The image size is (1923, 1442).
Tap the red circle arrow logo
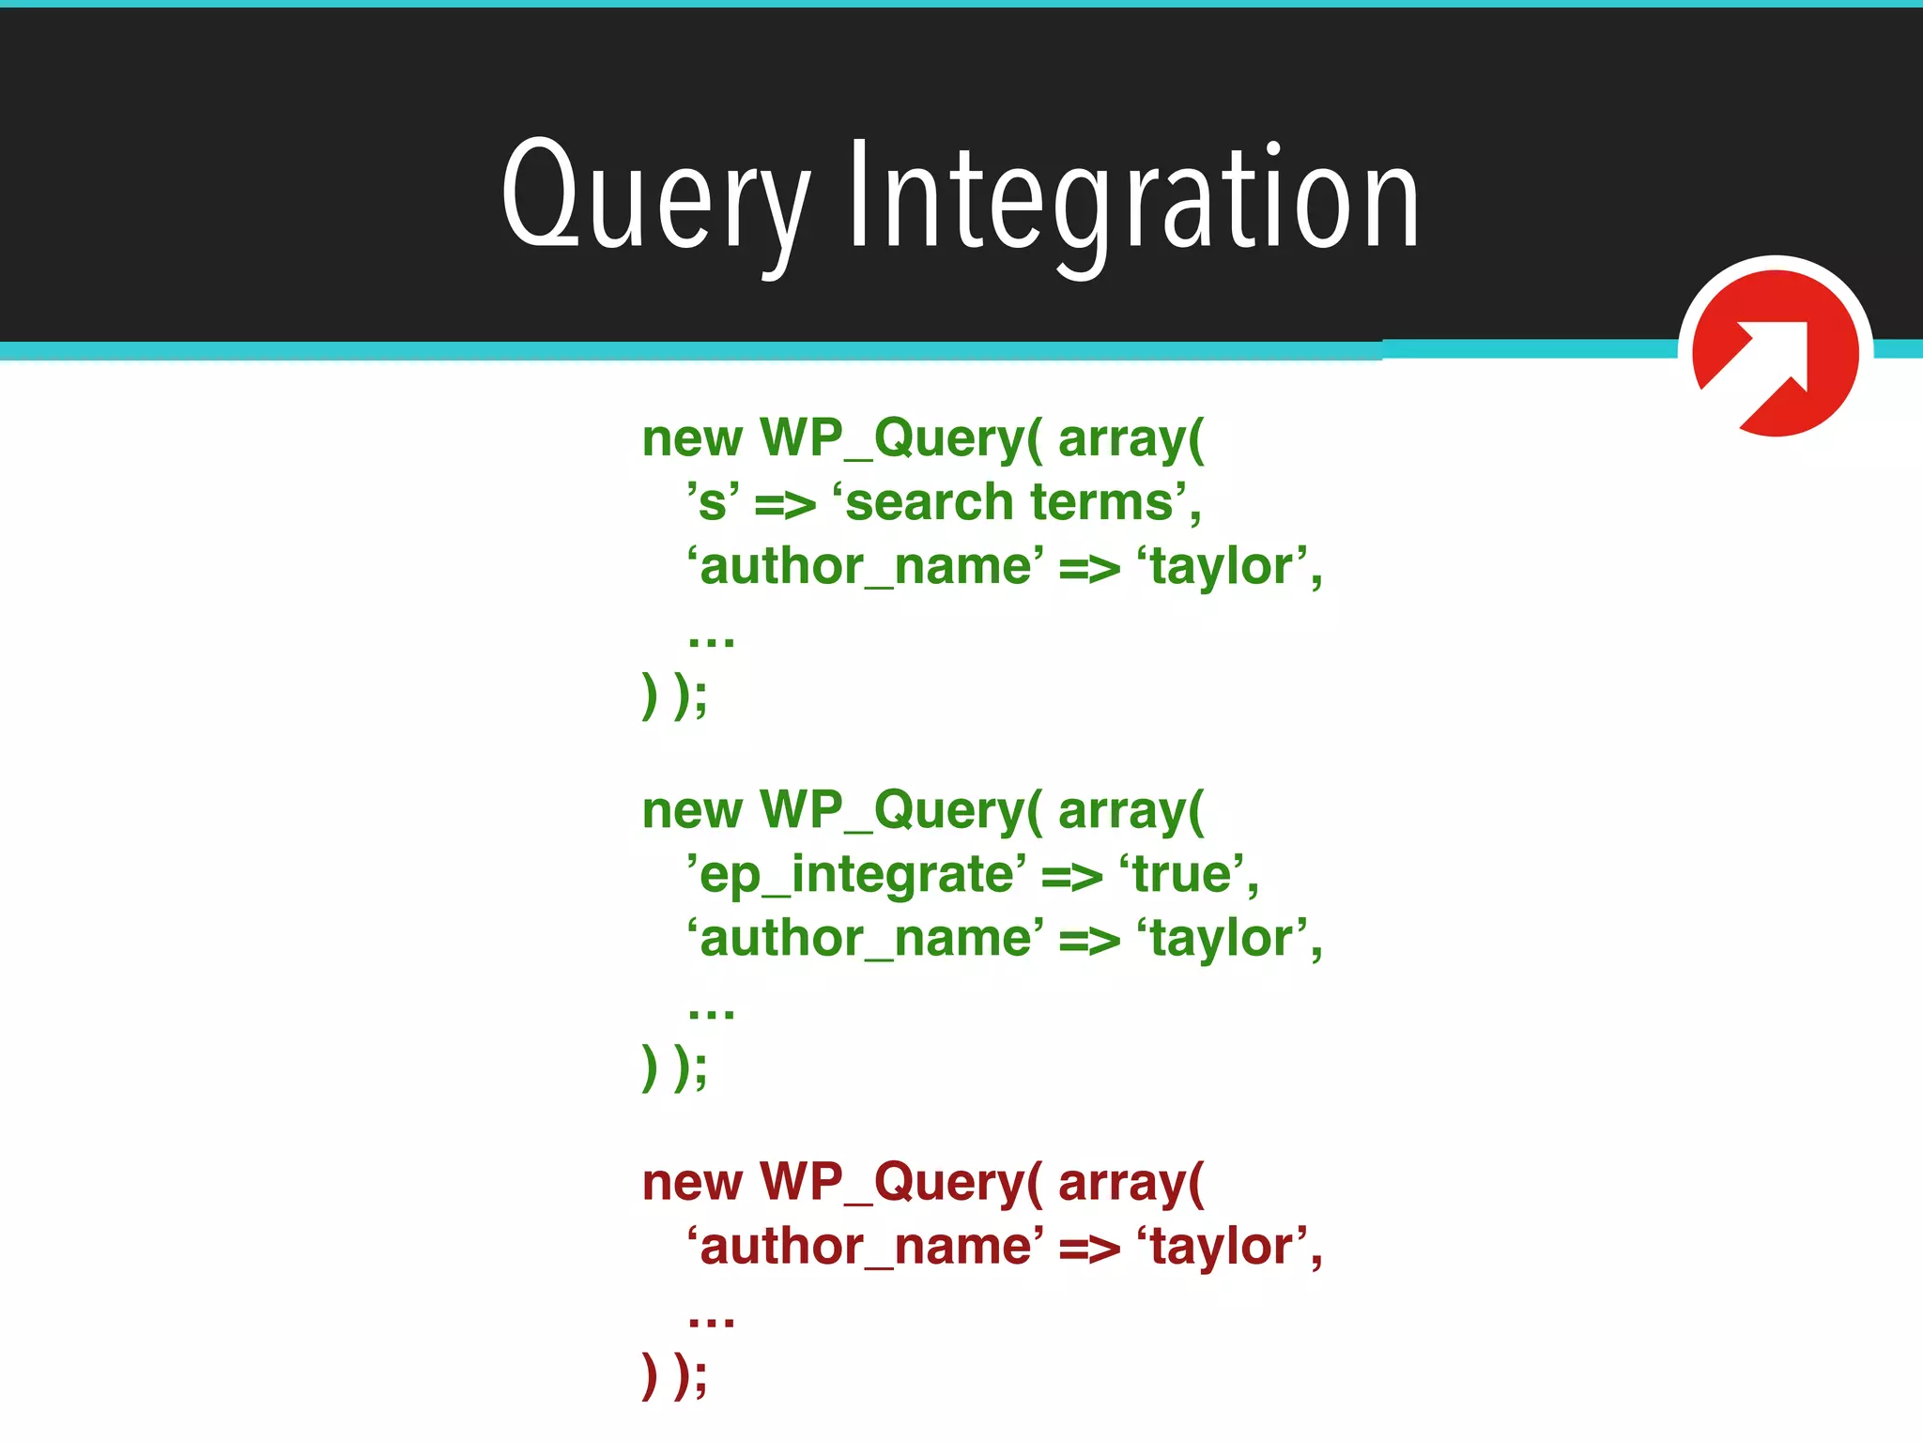[x=1775, y=353]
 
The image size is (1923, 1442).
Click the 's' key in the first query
[x=713, y=502]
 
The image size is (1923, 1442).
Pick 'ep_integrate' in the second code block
[x=856, y=875]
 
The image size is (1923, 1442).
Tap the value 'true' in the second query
[x=1188, y=875]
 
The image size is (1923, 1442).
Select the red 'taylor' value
[x=1222, y=1247]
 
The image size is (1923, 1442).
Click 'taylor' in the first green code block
[x=1222, y=567]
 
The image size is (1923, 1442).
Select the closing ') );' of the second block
[x=674, y=1066]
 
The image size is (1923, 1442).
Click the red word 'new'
[x=692, y=1183]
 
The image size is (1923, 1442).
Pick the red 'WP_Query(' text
[x=900, y=1183]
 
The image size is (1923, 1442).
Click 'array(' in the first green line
[x=1131, y=439]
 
